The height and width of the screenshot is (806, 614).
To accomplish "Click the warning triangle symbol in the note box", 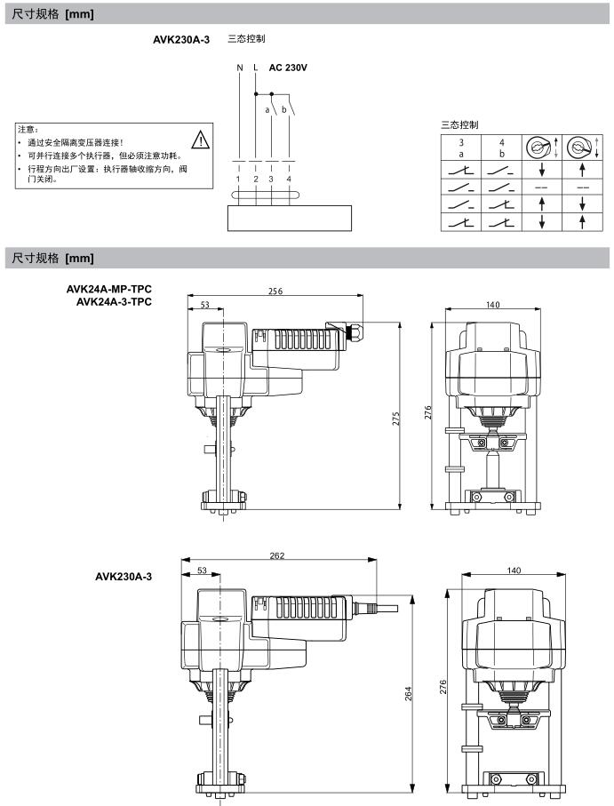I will [201, 140].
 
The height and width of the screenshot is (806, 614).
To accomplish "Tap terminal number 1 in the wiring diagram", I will [238, 179].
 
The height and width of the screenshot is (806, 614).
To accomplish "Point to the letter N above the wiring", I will [239, 68].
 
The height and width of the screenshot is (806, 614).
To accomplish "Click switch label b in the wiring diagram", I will [283, 110].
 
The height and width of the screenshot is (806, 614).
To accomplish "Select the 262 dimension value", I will [276, 556].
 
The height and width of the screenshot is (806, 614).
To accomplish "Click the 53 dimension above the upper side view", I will [205, 304].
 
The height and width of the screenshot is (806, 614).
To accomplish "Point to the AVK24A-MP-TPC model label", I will [108, 289].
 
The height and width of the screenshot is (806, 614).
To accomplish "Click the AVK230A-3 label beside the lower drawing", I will [124, 576].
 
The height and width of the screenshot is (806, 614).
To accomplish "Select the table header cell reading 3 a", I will [461, 147].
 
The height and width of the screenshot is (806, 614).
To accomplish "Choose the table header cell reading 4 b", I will [502, 147].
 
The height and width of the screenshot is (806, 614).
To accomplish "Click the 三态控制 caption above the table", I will [459, 124].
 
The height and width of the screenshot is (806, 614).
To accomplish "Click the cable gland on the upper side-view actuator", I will [353, 331].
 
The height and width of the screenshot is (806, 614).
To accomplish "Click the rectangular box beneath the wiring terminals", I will [290, 217].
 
